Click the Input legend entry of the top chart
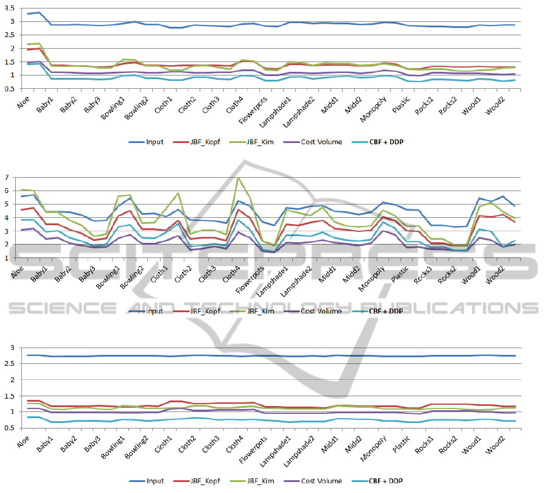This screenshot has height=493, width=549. coord(151,142)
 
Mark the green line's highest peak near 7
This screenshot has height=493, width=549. coord(239,178)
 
